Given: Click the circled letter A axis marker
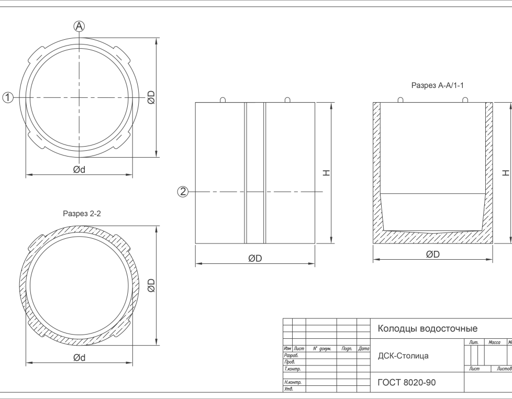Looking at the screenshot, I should pyautogui.click(x=79, y=26).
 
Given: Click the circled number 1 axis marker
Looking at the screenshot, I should pyautogui.click(x=8, y=97).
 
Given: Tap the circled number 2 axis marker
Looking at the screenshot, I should pyautogui.click(x=183, y=192).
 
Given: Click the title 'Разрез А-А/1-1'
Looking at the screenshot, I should pyautogui.click(x=438, y=85).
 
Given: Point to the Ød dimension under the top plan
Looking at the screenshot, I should pyautogui.click(x=79, y=170).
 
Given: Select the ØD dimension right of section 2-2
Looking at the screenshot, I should pyautogui.click(x=151, y=285).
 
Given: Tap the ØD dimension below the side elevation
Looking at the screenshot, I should pyautogui.click(x=255, y=259).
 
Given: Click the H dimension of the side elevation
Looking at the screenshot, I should pyautogui.click(x=326, y=173).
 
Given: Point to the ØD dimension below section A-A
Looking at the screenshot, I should pyautogui.click(x=433, y=254).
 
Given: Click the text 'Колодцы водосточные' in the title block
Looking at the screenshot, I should pyautogui.click(x=427, y=329).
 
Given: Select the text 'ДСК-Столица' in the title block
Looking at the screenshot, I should pyautogui.click(x=403, y=356).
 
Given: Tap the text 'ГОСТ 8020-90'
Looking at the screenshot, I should pyautogui.click(x=406, y=383).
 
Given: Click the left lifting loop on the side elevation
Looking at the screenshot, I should pyautogui.click(x=223, y=99).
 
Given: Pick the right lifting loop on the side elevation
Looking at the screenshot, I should pyautogui.click(x=287, y=99).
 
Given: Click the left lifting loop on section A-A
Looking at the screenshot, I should pyautogui.click(x=400, y=99).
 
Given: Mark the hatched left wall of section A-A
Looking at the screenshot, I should pyautogui.click(x=377, y=168).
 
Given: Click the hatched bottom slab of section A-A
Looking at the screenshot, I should pyautogui.click(x=433, y=238).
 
